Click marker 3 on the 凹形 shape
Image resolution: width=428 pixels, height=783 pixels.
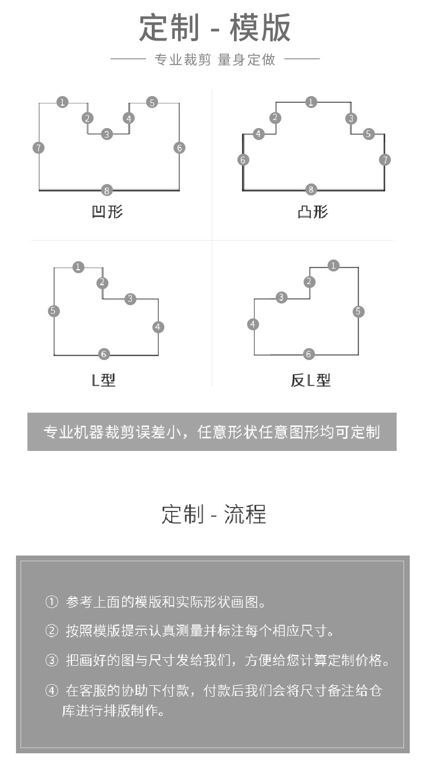tap(107, 134)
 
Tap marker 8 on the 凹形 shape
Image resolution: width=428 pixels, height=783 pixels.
tap(107, 190)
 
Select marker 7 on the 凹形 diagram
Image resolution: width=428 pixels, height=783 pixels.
tap(39, 148)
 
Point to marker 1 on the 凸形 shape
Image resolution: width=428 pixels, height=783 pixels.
tap(310, 102)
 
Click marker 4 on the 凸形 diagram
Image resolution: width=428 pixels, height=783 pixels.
tap(259, 134)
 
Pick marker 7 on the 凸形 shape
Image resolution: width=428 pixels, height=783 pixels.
tap(385, 160)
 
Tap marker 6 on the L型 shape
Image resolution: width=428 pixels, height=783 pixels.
tap(104, 354)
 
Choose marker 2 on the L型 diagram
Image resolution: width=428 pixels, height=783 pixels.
tap(102, 282)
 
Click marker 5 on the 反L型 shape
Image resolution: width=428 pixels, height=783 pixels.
tap(358, 311)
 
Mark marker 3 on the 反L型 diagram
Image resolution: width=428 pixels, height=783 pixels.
tap(281, 297)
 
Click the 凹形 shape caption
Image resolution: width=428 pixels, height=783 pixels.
tap(107, 212)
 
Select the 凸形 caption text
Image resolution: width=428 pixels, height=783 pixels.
tap(313, 212)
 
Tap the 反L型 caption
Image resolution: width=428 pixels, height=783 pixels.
tap(310, 380)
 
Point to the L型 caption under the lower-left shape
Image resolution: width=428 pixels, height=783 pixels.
tap(103, 380)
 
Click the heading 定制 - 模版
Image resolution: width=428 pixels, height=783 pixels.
tap(215, 27)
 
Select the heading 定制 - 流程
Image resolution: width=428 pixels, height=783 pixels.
tap(213, 514)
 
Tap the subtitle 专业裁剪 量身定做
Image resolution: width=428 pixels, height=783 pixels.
tap(215, 60)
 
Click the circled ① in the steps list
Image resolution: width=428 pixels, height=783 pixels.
tap(52, 602)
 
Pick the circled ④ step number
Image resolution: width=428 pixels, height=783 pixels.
tap(52, 690)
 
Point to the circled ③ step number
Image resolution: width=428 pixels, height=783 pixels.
tap(52, 660)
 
